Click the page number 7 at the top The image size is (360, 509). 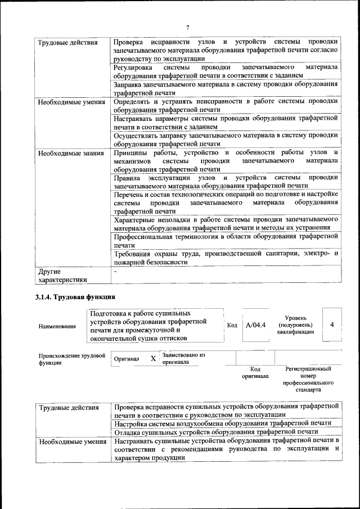click(187, 28)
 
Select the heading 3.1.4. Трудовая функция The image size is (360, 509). click(75, 296)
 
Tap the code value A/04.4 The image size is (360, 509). click(255, 325)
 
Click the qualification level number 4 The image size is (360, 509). click(332, 325)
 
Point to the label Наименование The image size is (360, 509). click(57, 326)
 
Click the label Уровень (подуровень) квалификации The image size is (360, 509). click(295, 325)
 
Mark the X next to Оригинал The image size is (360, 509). click(153, 358)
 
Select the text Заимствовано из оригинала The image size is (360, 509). click(183, 359)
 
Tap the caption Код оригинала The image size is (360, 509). click(255, 372)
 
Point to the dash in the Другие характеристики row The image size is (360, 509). click(115, 271)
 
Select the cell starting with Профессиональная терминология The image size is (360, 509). click(225, 241)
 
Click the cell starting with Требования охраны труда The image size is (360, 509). click(225, 258)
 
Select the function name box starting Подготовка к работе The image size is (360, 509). click(155, 325)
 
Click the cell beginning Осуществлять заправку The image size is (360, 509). click(225, 139)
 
